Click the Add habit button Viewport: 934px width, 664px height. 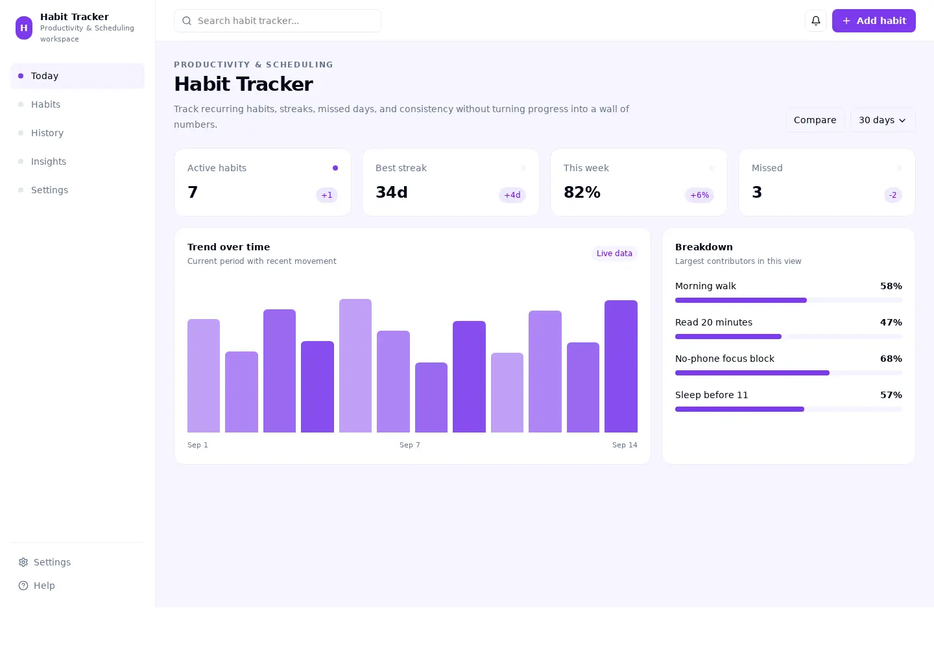874,21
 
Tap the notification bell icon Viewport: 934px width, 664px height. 815,21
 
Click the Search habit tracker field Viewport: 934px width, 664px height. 278,21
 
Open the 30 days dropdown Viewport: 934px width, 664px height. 883,120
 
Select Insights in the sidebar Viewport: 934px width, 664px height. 49,161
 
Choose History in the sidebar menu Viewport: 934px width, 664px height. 47,133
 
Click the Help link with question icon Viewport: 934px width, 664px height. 37,586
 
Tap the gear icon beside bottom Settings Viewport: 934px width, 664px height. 23,562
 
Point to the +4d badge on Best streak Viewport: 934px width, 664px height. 512,195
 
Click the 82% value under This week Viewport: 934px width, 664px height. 582,192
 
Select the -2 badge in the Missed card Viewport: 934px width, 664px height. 892,195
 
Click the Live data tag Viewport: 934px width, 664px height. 614,254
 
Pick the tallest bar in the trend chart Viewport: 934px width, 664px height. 355,366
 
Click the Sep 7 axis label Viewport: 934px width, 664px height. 409,445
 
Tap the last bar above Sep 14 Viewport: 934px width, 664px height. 621,366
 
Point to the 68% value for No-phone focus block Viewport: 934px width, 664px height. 891,359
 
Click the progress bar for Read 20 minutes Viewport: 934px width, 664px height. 789,337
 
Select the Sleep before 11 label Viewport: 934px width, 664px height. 712,395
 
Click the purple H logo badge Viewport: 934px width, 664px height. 24,28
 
